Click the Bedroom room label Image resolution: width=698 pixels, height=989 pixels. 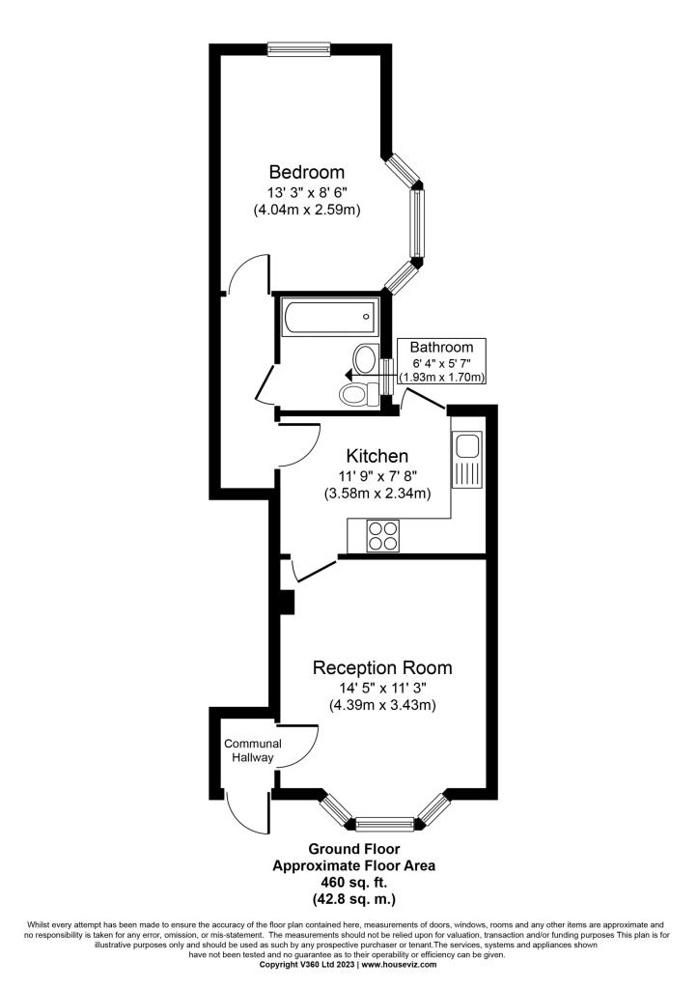coord(306,172)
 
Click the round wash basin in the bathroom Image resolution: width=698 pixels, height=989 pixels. coord(365,359)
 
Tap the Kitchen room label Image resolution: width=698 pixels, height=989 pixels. coord(377,456)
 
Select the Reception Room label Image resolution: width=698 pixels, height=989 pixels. coord(382,667)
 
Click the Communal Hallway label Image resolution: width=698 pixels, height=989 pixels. coord(252,750)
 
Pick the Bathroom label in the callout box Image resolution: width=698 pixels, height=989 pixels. coord(441,347)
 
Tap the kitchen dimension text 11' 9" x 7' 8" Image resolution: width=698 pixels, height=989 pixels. coord(377,476)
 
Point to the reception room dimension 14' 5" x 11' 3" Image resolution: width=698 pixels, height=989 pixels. coord(382,688)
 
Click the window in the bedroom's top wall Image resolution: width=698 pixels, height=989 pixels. coord(298,48)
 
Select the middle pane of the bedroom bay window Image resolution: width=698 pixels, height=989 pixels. coord(415,223)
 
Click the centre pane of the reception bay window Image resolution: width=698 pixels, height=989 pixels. coord(384,824)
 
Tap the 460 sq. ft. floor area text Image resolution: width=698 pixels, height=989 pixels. coord(353,882)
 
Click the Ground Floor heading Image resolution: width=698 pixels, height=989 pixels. coord(353,849)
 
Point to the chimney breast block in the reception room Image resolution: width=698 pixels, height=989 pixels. coord(288,602)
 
